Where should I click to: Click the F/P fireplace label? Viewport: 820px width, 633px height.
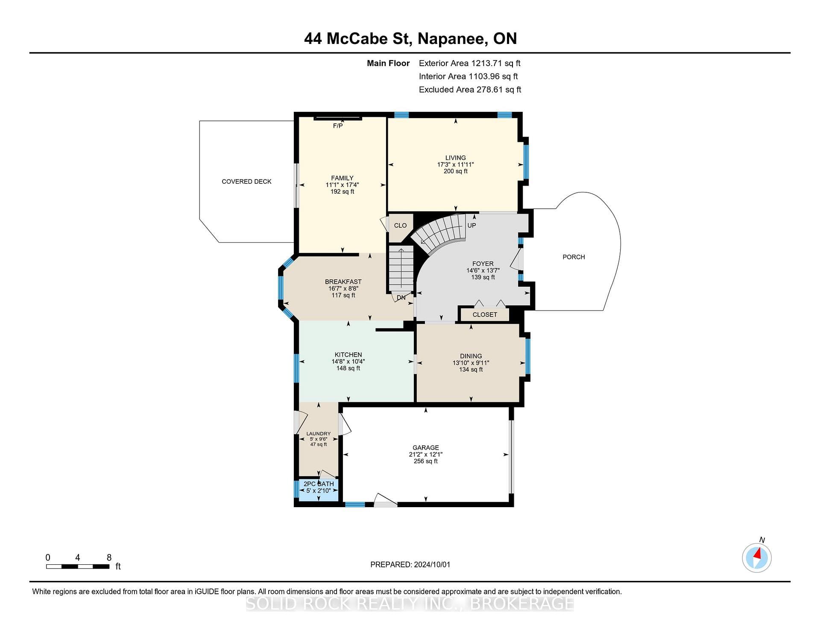337,126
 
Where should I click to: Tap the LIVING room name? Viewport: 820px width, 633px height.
455,158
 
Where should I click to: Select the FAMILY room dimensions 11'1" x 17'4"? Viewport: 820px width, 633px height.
342,185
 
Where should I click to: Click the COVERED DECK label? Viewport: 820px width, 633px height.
246,182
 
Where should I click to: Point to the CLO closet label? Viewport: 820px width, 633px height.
400,226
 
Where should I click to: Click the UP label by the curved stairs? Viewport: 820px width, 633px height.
471,226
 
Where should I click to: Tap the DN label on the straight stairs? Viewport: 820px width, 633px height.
401,298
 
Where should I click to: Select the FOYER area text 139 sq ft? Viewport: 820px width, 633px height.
483,277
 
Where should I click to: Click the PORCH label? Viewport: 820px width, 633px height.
574,257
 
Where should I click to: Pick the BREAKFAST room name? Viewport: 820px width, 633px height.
343,282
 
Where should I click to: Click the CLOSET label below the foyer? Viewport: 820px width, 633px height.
485,315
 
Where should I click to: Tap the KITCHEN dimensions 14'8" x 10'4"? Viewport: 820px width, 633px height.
348,362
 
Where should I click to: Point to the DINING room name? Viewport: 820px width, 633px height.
471,356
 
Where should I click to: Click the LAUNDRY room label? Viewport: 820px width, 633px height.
318,434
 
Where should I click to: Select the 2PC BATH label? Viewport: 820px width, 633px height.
319,484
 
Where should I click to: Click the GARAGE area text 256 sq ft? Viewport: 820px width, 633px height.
425,462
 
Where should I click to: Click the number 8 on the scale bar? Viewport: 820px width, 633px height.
109,558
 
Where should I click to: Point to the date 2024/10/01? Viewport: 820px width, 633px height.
432,565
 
